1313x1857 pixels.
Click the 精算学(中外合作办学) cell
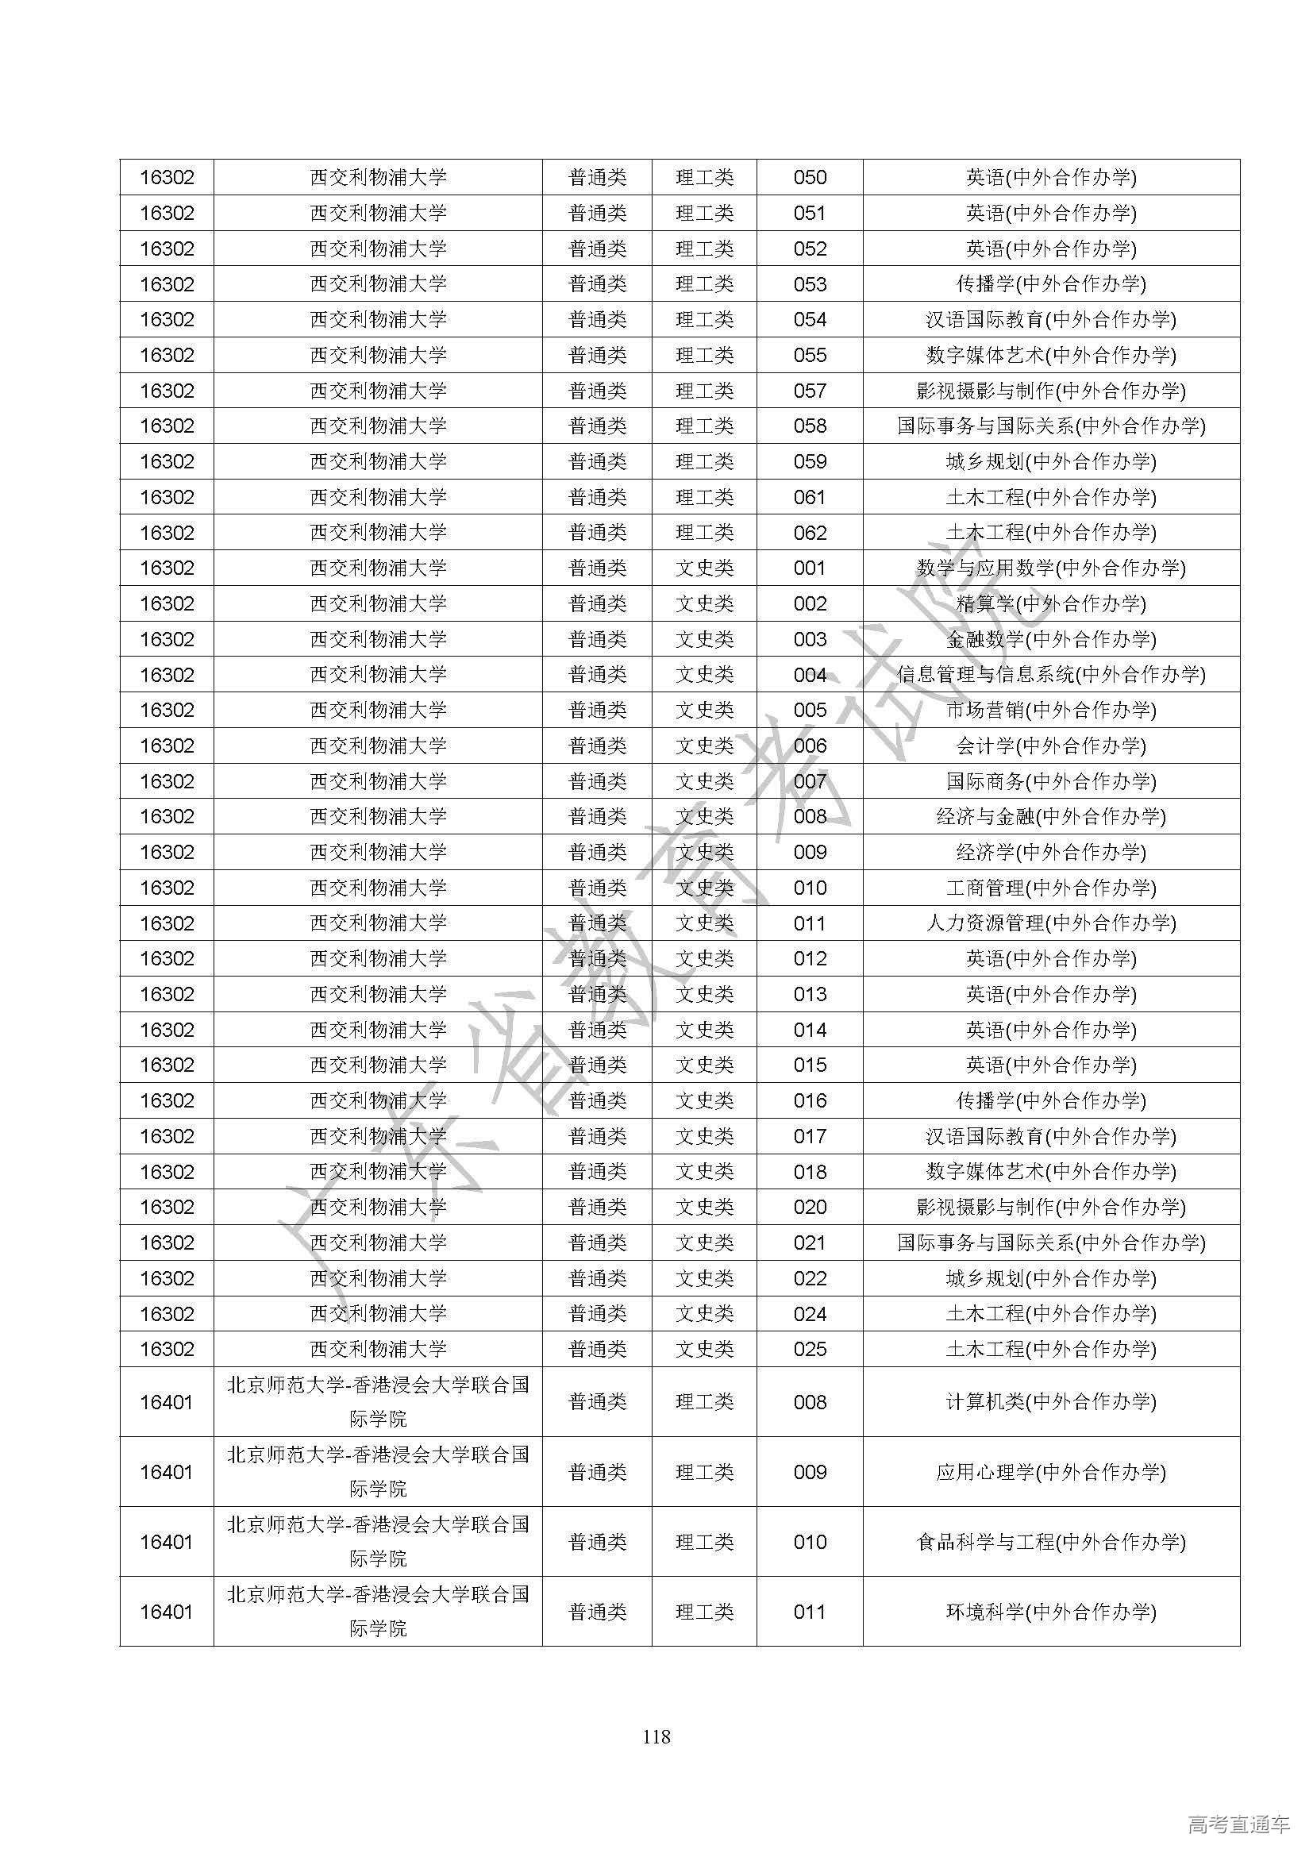click(x=1050, y=603)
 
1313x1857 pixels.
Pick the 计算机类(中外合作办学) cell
click(x=1050, y=1401)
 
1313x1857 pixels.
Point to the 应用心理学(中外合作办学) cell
click(x=1050, y=1472)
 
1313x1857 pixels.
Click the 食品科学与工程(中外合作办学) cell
click(x=1050, y=1542)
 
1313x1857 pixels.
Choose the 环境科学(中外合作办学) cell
click(x=1050, y=1612)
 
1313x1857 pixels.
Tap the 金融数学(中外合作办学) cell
click(x=1050, y=639)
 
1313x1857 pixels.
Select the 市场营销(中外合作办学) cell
click(x=1050, y=710)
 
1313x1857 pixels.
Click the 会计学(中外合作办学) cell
click(x=1050, y=745)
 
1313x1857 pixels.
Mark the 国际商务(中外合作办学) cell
click(x=1050, y=781)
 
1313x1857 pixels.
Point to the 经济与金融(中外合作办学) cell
click(x=1050, y=817)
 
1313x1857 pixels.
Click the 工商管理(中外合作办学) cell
click(x=1050, y=888)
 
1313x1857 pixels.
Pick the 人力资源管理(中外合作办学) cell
click(x=1050, y=923)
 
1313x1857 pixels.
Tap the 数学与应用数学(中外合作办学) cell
click(x=1050, y=568)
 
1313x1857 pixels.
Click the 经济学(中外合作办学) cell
click(x=1050, y=852)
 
